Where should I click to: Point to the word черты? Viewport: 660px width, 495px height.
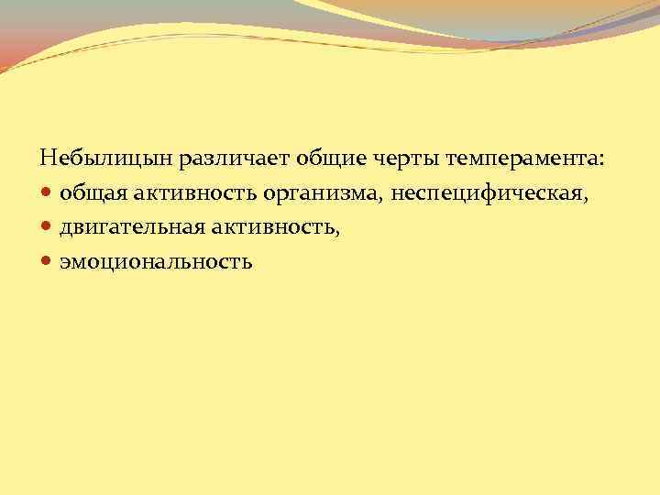405,159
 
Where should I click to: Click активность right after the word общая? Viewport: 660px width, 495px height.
193,193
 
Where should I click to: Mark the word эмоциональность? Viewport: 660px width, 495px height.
155,262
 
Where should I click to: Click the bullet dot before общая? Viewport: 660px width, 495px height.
48,194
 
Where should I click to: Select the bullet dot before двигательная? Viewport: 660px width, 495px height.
48,228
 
